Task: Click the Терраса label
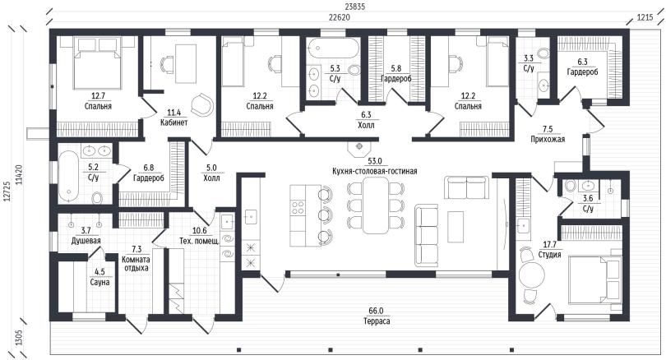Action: click(377, 321)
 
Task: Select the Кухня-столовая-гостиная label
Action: click(375, 171)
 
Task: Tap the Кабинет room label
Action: click(173, 122)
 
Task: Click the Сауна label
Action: click(99, 282)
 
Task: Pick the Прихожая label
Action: click(548, 139)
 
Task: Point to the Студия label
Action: click(549, 255)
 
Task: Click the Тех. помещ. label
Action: click(199, 241)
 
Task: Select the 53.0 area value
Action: click(375, 161)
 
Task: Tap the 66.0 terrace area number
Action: click(377, 312)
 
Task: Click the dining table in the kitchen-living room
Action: click(376, 205)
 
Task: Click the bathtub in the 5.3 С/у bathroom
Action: click(333, 48)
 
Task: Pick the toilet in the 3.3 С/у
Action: click(543, 53)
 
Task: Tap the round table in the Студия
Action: click(531, 275)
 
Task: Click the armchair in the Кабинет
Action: click(201, 104)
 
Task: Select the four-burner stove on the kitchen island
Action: click(298, 207)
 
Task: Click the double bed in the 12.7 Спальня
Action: click(98, 62)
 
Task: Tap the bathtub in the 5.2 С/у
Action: click(68, 176)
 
